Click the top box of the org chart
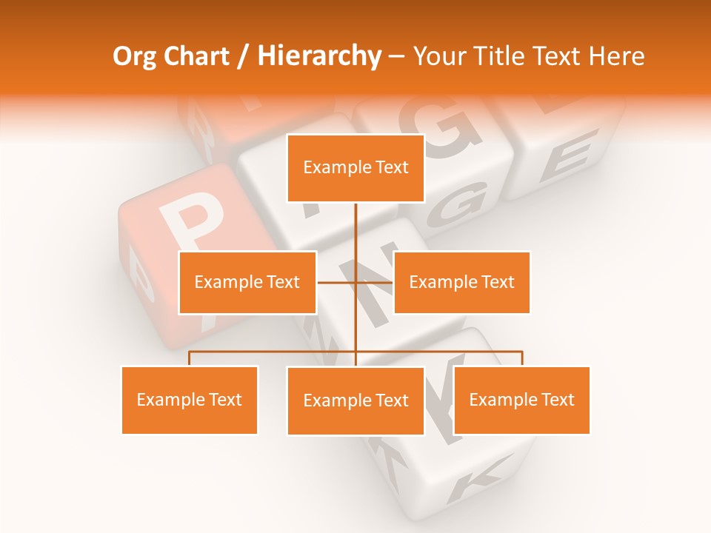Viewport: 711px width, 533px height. [355, 168]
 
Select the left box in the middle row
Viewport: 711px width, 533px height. [247, 282]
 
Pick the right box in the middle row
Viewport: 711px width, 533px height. [461, 282]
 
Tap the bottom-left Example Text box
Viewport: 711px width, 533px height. [190, 400]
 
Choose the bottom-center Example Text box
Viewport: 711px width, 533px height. [355, 400]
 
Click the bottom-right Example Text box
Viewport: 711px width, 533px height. [521, 400]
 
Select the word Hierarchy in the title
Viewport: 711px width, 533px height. [318, 56]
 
